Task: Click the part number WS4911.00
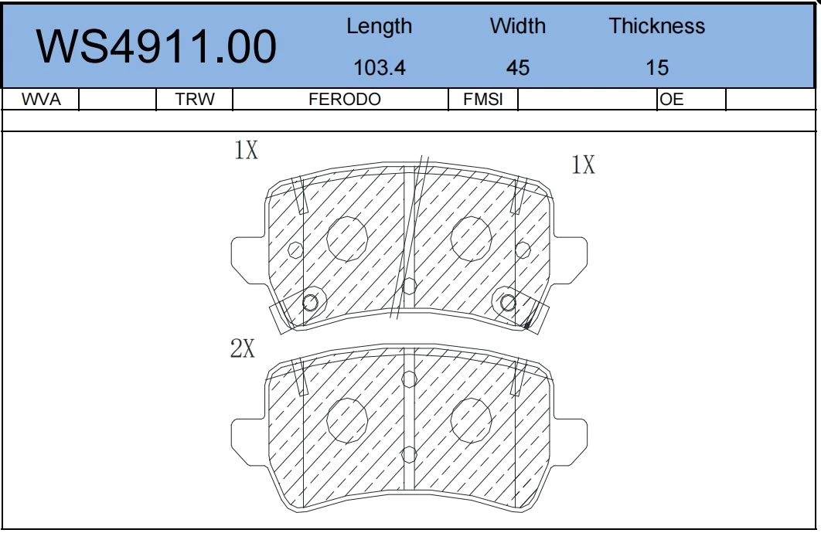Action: [156, 46]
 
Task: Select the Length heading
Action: [379, 27]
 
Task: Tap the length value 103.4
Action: [380, 67]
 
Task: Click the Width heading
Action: [517, 26]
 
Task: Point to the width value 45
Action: [518, 67]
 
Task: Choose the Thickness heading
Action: [656, 26]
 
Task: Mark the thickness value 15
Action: [657, 67]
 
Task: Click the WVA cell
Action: [41, 99]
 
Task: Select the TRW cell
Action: [195, 99]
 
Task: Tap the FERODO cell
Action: [345, 99]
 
